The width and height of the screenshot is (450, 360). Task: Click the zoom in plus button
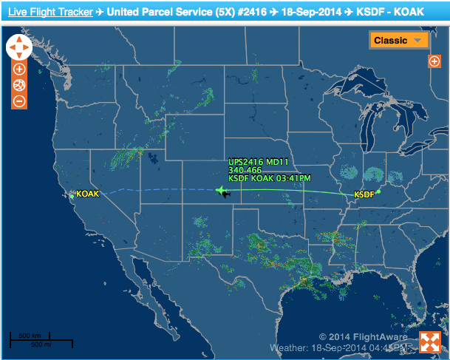coord(19,69)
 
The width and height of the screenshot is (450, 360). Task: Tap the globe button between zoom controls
coord(19,85)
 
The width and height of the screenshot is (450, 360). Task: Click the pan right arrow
coord(28,47)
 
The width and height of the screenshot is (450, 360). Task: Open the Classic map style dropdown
coord(399,41)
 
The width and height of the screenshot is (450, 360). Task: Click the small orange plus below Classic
coord(434,61)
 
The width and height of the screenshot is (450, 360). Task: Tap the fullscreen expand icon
coord(430,342)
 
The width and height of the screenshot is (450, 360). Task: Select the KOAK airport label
coord(87,194)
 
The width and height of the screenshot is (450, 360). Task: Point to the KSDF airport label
coord(364,194)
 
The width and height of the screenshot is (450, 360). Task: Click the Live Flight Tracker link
coord(51,13)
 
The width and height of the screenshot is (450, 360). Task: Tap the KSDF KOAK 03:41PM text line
coord(269,178)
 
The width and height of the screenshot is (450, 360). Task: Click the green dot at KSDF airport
coord(378,191)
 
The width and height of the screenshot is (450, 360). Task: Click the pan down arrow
coord(19,56)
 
